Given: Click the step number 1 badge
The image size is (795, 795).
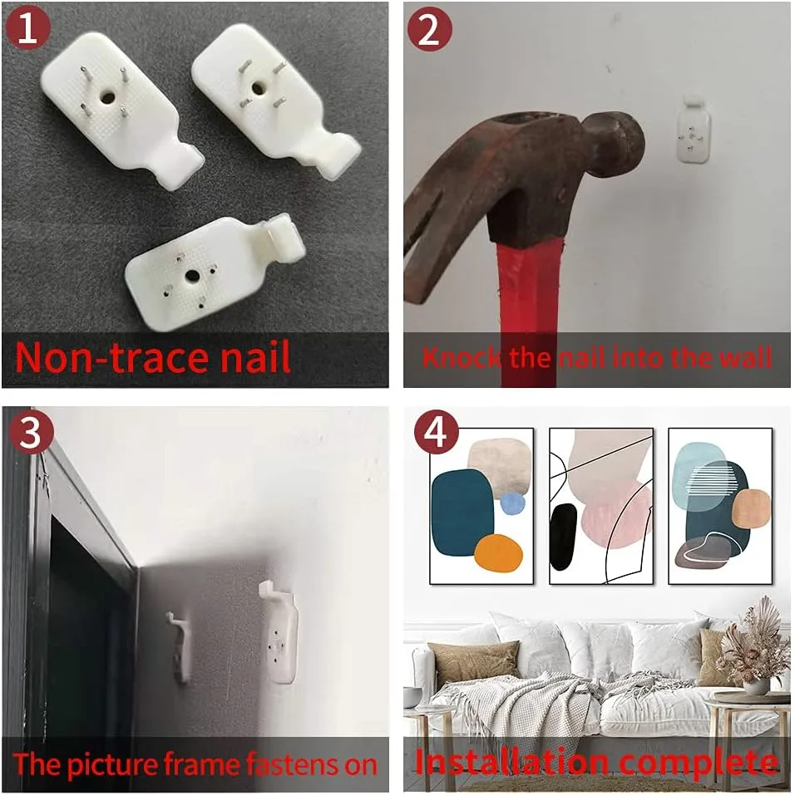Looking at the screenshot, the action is [27, 28].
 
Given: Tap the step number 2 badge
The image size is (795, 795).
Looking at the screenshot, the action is [429, 29].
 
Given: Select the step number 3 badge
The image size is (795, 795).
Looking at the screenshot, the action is [31, 433].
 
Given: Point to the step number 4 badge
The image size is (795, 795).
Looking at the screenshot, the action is [436, 433].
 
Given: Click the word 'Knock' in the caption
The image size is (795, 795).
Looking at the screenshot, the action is [462, 357].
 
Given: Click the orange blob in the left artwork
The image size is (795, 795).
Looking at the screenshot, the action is [498, 552].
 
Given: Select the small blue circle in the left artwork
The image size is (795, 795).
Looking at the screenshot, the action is [512, 503].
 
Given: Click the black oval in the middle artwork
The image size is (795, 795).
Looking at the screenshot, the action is [564, 537].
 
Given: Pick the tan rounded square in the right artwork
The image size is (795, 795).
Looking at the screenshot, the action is [751, 508].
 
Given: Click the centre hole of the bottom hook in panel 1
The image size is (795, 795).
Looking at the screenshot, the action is [192, 277].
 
